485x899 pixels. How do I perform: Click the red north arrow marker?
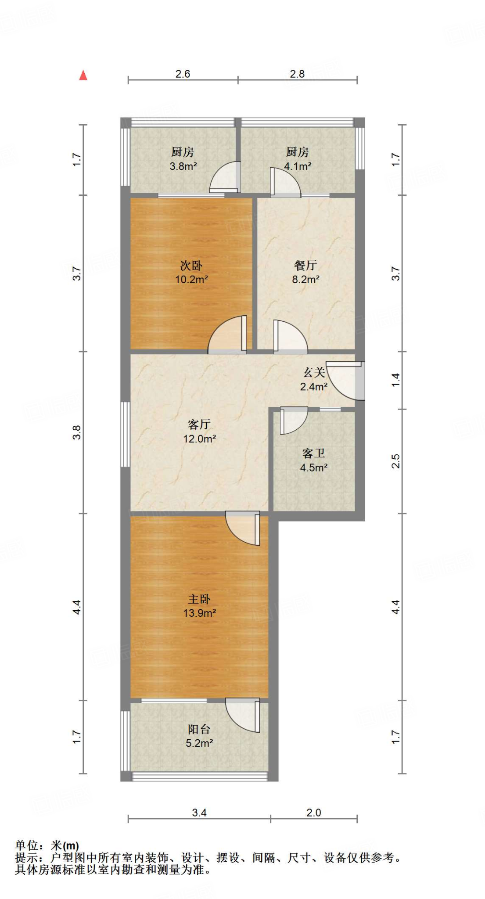83,76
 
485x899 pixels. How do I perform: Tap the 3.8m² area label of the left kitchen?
183,166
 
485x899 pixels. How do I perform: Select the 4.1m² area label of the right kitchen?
298,166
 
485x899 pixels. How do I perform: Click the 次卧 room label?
191,266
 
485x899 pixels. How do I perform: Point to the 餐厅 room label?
305,265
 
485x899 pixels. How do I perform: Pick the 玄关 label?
314,373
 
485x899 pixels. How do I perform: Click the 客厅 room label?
199,424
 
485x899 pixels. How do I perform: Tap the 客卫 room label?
313,453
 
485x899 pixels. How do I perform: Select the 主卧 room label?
199,599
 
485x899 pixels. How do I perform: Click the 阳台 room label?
199,729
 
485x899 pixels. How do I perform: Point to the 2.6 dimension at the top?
183,74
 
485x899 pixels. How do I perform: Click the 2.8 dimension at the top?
297,74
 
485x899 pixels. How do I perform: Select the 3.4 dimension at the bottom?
199,813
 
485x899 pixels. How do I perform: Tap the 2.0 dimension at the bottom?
314,813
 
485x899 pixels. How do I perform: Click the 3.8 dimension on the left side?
77,432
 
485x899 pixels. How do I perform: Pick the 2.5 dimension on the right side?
395,461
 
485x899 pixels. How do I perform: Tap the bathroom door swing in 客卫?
293,420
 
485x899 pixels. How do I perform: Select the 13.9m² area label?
199,613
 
